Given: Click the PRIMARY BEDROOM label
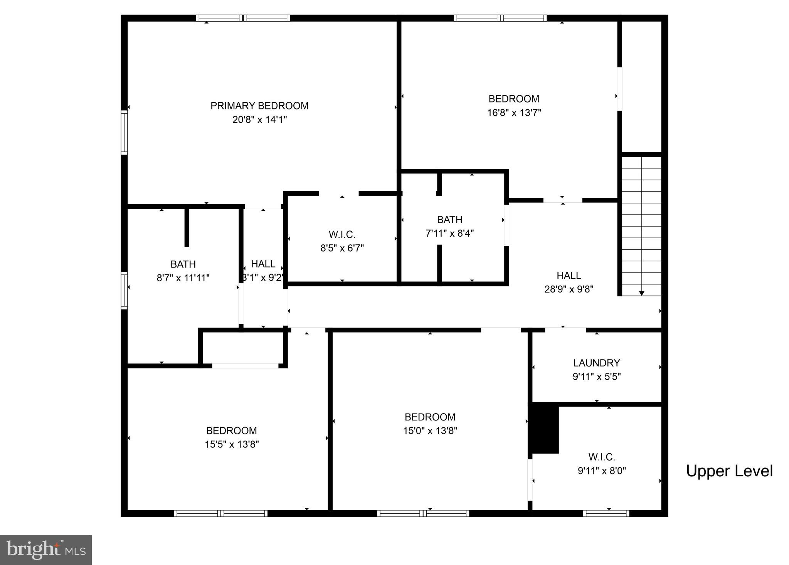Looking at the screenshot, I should point(259,106).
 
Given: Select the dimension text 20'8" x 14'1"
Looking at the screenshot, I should point(259,120).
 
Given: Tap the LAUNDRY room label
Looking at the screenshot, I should point(596,363).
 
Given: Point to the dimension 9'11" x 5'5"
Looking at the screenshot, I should point(596,377).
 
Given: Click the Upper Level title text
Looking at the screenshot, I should point(729,471).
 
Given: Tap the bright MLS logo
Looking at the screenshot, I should point(45,550).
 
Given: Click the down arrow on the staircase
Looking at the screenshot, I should point(641,293).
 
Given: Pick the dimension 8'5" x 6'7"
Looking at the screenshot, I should point(342,248).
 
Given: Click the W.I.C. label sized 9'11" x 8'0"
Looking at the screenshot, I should point(601,457).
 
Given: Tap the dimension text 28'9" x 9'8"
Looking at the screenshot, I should point(569,289).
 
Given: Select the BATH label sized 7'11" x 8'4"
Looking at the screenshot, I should point(449,220).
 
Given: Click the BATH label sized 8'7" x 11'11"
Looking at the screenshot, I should point(183,264).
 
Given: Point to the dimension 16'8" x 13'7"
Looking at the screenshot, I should point(514,113).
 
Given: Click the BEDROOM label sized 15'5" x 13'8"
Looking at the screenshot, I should point(231,430).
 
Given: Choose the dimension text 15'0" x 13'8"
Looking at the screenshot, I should point(430,431).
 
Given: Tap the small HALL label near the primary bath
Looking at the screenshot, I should point(263,264).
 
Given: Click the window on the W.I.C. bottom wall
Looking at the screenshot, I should point(606,513).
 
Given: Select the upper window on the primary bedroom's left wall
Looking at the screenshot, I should point(124,133).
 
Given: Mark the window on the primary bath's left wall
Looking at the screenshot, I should point(124,290).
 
